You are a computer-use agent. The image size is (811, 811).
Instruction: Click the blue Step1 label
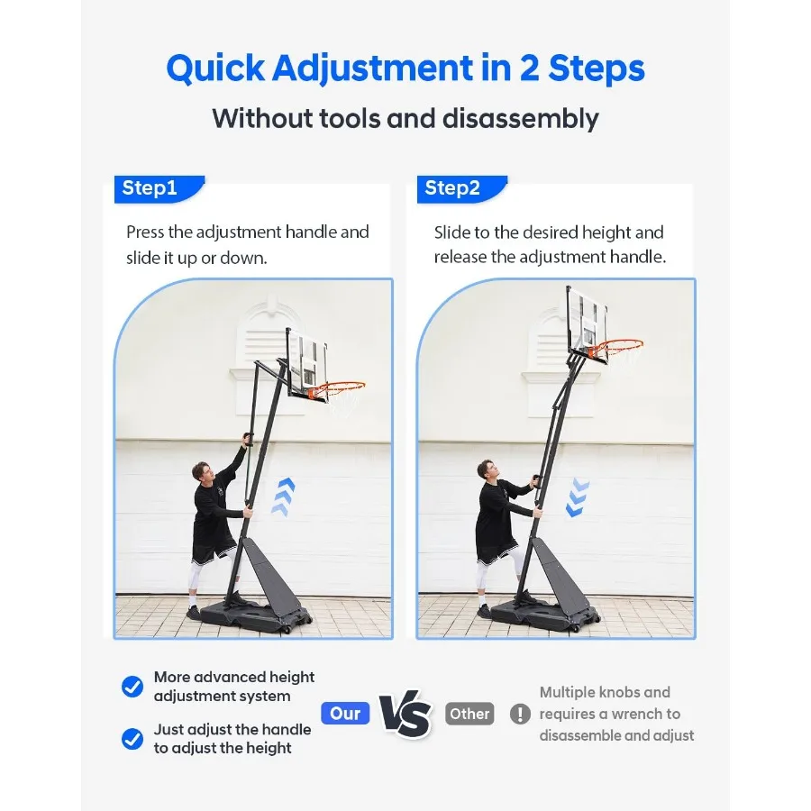(x=150, y=188)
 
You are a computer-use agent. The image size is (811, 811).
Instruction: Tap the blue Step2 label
(x=453, y=188)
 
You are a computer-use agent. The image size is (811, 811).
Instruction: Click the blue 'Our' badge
(x=345, y=714)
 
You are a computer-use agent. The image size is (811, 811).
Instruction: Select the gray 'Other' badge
(x=469, y=714)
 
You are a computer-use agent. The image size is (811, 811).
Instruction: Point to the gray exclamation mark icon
(x=520, y=715)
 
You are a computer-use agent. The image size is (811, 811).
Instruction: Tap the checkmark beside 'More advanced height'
(x=132, y=687)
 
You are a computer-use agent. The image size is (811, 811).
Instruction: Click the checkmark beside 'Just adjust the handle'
(x=132, y=739)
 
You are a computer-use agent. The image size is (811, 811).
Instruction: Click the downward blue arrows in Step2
(x=578, y=498)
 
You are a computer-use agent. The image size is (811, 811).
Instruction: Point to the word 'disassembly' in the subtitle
(x=528, y=118)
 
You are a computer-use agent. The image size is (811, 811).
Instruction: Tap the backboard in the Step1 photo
(x=306, y=360)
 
